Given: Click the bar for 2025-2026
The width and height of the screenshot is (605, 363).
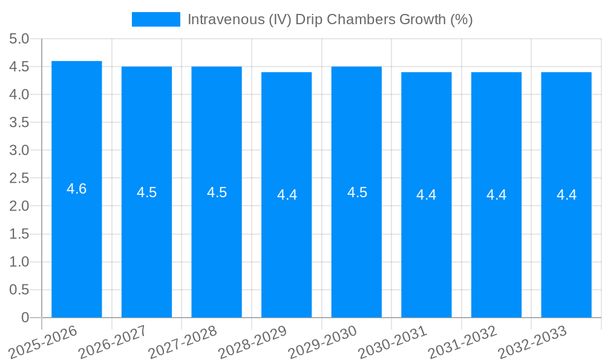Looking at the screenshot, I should point(77,242).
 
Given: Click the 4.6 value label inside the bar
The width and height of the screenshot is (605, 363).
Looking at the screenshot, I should point(77,189).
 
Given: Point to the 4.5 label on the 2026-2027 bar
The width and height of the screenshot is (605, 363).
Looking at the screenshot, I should point(147,192).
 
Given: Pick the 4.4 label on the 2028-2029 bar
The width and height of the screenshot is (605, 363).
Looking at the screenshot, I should point(287,195).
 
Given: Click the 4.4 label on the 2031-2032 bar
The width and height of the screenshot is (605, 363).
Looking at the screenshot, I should point(497,195).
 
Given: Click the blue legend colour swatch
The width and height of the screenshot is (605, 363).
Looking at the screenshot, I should point(156,19).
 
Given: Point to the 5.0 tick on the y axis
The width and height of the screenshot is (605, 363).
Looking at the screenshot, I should point(19,39).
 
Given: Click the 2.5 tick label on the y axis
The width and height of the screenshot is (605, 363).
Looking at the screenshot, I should point(19,178).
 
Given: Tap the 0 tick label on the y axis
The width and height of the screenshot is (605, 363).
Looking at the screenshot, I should point(25,318).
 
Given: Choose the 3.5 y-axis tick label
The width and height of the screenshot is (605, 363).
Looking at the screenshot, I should point(19,122).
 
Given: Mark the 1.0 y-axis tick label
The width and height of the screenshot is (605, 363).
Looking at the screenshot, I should point(19,262).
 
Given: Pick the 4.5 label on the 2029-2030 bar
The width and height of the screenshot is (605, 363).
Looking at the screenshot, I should point(357,192).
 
